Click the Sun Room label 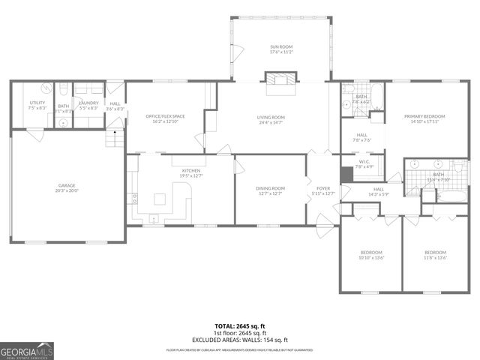click(280, 47)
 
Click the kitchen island click(160, 199)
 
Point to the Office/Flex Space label click(165, 116)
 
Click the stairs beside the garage click(115, 138)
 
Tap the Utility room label click(37, 103)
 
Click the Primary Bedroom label click(424, 116)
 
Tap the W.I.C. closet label click(364, 161)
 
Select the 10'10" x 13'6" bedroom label click(371, 252)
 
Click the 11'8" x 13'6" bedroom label click(435, 252)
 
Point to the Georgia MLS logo click(27, 350)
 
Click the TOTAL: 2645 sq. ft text click(240, 326)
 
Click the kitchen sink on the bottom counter click(153, 219)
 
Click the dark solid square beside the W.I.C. click(346, 173)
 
